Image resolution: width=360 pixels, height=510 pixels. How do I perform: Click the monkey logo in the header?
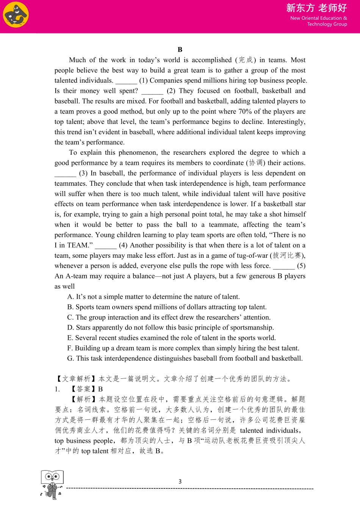click(x=16, y=15)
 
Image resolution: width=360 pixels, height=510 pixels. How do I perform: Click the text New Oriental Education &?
click(x=318, y=18)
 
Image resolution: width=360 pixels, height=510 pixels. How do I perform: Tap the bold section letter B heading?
click(x=180, y=50)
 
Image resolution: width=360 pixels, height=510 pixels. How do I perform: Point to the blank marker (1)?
click(x=143, y=81)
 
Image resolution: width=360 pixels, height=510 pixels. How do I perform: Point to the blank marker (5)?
click(x=301, y=266)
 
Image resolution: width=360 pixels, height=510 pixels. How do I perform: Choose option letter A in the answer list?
click(x=70, y=297)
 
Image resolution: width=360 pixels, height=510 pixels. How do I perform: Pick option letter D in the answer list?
click(x=70, y=328)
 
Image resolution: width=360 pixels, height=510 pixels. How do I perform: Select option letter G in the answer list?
click(x=70, y=358)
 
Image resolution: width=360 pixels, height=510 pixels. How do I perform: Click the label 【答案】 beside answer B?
click(x=83, y=389)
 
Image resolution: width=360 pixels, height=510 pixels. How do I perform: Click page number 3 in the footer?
click(x=180, y=482)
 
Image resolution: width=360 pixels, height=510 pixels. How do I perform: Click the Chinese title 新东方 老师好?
click(x=316, y=8)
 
